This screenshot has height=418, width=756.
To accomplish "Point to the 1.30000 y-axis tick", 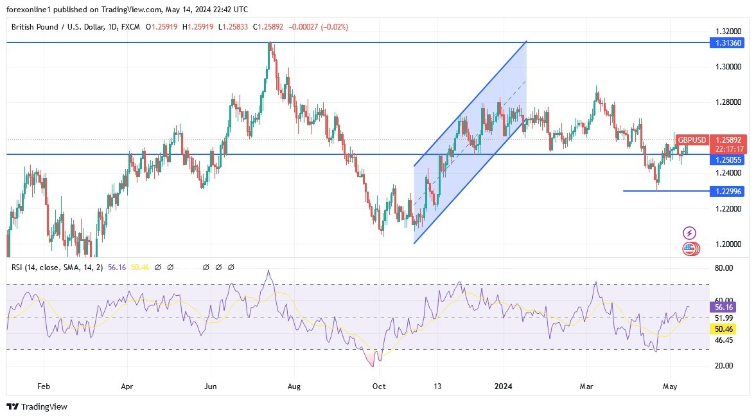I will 728,67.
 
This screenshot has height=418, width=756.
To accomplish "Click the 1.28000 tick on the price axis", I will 728,102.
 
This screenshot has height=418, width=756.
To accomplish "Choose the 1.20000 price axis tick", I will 728,244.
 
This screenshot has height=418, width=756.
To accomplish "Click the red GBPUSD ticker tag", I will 692,140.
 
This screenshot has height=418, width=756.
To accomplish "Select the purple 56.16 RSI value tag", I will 724,307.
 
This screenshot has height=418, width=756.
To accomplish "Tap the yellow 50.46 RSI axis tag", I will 724,329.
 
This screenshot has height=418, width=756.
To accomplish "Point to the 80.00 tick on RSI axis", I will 724,268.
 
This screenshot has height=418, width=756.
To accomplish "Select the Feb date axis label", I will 44,387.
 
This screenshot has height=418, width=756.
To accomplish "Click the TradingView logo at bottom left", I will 37,406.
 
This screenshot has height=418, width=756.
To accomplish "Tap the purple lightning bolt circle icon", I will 690,233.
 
